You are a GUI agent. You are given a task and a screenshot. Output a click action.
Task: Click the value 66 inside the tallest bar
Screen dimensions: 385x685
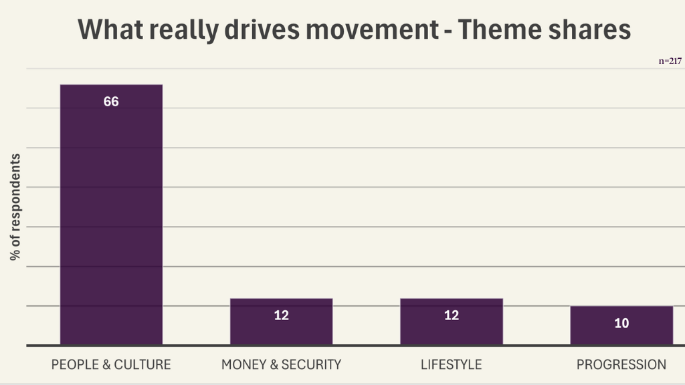111,102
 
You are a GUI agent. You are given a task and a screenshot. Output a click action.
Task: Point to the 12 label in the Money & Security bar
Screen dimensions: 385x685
281,315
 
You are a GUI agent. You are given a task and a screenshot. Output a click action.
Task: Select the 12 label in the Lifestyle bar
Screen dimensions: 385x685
452,315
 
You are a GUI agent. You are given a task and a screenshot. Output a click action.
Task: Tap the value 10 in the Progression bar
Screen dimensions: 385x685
621,324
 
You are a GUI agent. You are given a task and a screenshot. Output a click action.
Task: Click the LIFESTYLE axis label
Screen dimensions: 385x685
452,364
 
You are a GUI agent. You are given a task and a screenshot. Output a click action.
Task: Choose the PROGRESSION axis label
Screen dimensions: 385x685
621,364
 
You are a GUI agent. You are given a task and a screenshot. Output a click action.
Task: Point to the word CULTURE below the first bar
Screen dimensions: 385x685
142,364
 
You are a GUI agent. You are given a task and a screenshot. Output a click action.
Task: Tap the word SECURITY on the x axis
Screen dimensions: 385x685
311,364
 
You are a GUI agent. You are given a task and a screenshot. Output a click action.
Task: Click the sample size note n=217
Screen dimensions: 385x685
670,61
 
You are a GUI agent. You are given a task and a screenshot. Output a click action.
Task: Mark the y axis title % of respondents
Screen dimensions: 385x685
15,207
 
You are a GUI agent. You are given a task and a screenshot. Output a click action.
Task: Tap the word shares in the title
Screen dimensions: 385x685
598,29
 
